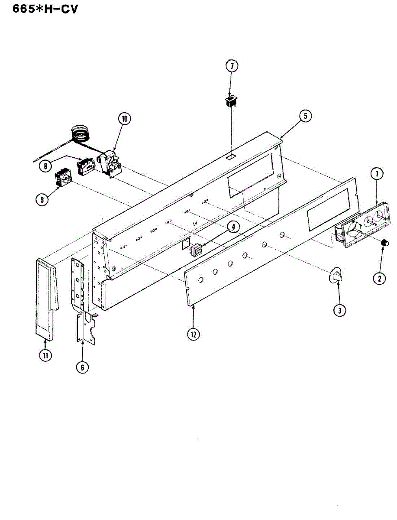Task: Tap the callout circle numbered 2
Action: [x=379, y=279]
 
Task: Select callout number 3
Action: [x=339, y=310]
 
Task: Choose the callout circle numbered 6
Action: [x=82, y=367]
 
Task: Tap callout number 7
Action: [x=232, y=66]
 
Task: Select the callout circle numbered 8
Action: [x=44, y=165]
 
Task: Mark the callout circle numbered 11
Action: [x=45, y=355]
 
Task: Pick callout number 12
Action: [x=193, y=334]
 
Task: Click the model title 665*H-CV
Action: [x=39, y=9]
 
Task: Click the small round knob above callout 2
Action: [x=383, y=243]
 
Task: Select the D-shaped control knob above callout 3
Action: [x=336, y=276]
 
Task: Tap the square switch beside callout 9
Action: [x=64, y=178]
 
